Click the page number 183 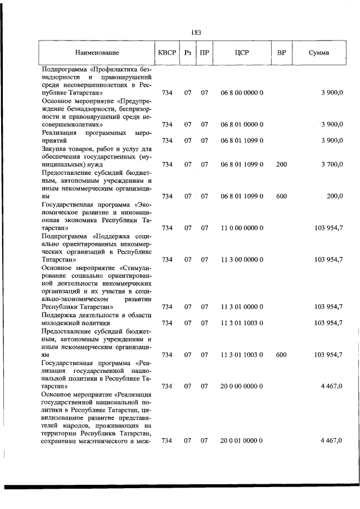tap(196, 33)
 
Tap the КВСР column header tap(167, 53)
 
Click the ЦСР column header tap(242, 53)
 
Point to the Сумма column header tap(319, 53)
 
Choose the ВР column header tap(282, 53)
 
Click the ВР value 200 tap(282, 164)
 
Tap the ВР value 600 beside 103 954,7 tap(282, 354)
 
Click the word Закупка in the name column tap(55, 148)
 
